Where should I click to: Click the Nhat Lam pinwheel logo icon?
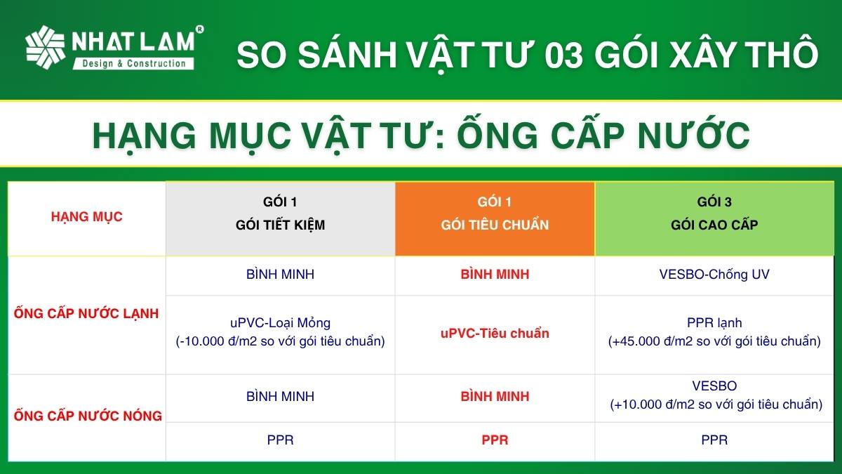45,48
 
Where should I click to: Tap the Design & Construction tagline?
134,64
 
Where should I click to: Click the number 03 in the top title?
563,55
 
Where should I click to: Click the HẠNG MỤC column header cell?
87,218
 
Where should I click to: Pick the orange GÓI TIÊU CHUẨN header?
495,218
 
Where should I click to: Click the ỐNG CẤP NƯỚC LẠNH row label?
86,313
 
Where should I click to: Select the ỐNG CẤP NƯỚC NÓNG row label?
88,416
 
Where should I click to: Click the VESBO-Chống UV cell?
714,275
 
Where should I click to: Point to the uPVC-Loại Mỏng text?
281,323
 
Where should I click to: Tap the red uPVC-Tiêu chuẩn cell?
495,334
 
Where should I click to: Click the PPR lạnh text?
714,323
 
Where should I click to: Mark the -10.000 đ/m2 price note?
281,341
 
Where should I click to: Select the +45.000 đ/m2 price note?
714,341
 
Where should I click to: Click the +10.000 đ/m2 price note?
716,404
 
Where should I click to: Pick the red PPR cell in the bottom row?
495,440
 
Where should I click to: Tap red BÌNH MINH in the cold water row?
495,275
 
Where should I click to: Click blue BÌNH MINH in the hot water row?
281,396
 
